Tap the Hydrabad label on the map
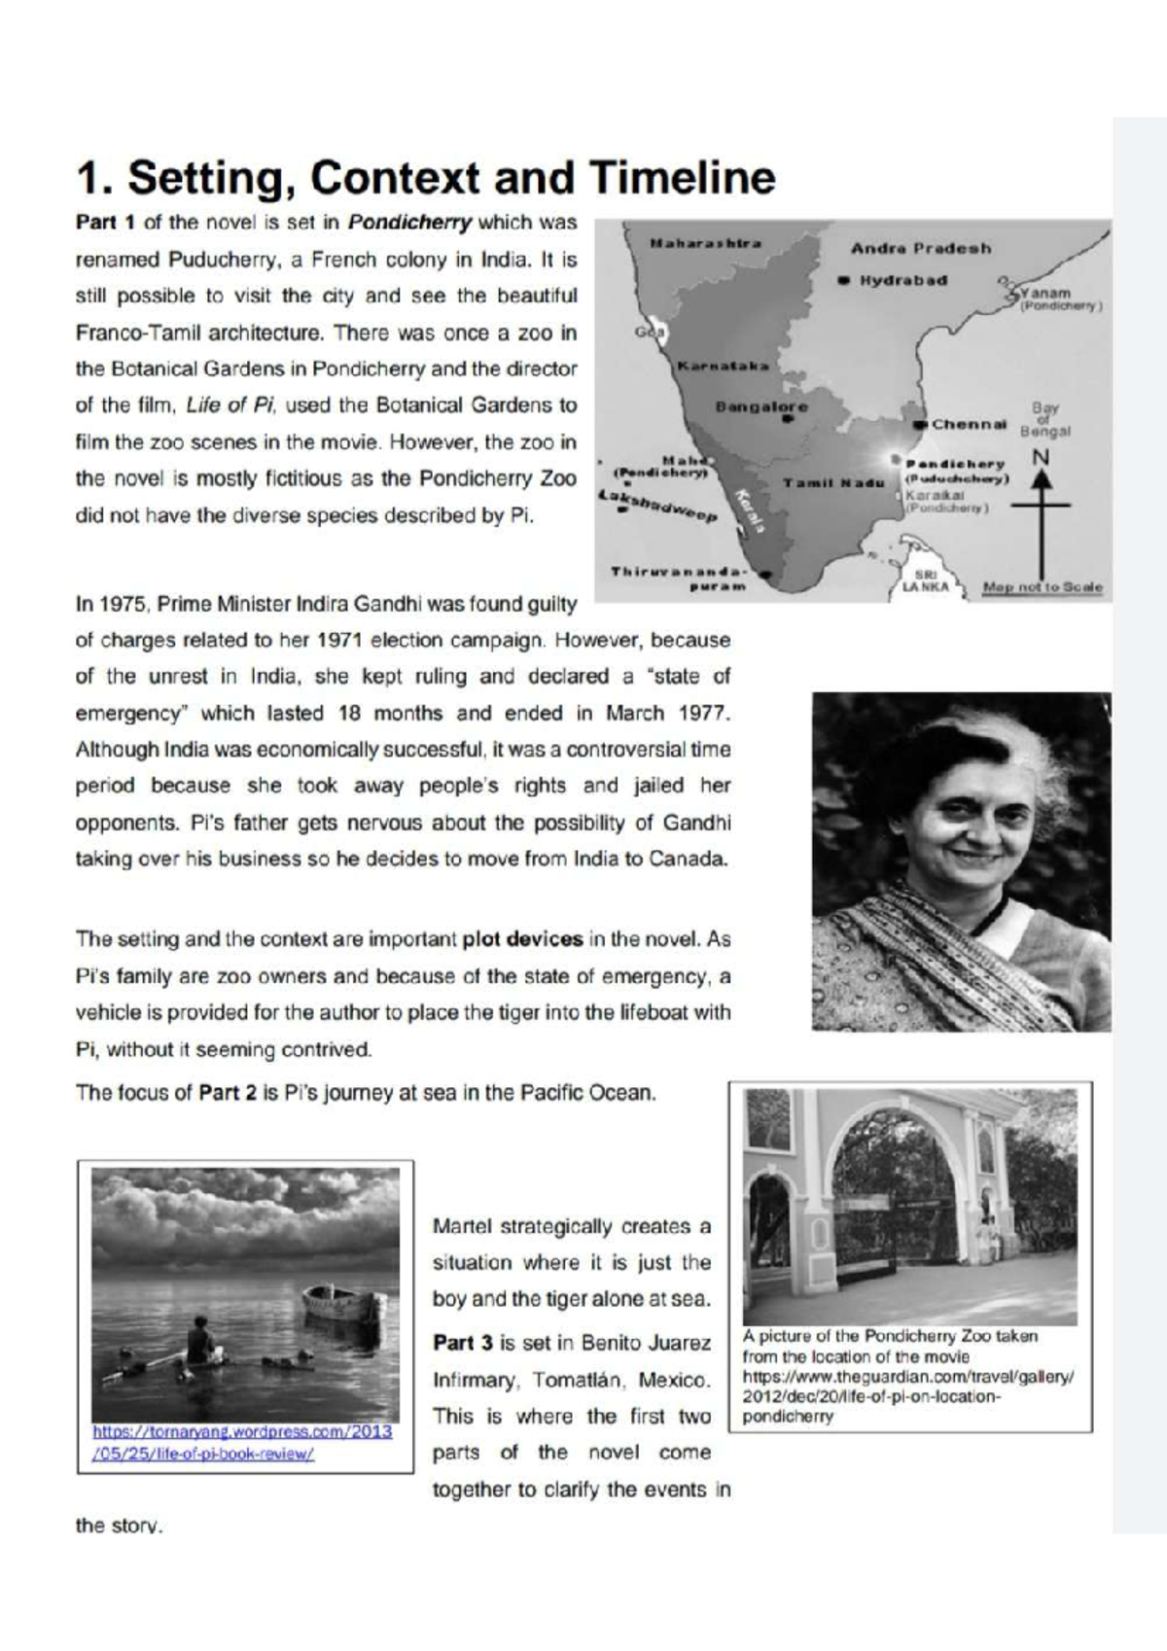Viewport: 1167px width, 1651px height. (902, 280)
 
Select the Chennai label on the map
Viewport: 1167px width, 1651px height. (969, 425)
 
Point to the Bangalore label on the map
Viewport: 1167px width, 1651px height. (761, 406)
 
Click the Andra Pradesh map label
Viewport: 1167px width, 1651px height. (921, 248)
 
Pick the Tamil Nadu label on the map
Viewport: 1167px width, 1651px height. (833, 483)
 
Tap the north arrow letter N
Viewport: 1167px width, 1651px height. (1041, 457)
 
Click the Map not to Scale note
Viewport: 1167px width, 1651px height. (1043, 587)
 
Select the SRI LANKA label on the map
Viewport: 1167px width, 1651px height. (919, 581)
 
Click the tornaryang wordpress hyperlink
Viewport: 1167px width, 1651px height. (242, 1443)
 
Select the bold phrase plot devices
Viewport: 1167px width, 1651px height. (522, 939)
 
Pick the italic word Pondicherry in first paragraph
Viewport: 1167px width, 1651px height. (409, 223)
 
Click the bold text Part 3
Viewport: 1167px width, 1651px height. (463, 1344)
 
